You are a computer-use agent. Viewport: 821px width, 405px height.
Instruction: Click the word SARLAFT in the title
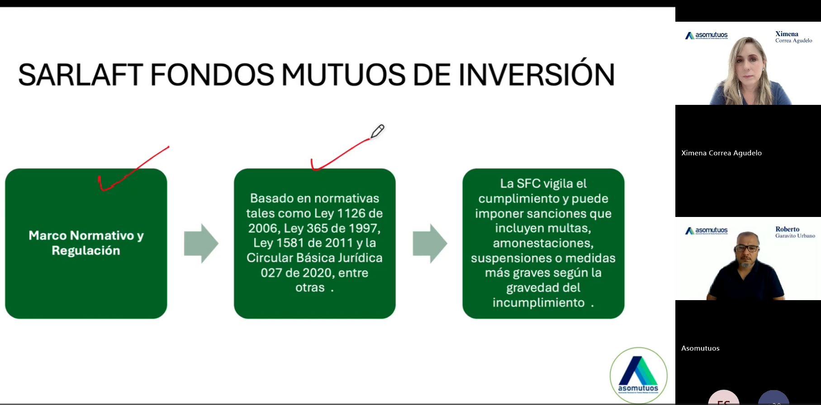pyautogui.click(x=81, y=75)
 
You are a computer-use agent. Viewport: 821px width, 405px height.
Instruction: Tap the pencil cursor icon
pyautogui.click(x=377, y=132)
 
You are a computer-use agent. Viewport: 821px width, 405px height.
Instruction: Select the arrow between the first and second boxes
pyautogui.click(x=201, y=243)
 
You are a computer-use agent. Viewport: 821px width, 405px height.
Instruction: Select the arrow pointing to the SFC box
pyautogui.click(x=430, y=243)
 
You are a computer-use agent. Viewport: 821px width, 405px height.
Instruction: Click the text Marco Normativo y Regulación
pyautogui.click(x=86, y=243)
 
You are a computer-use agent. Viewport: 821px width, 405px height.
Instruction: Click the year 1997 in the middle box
pyautogui.click(x=361, y=228)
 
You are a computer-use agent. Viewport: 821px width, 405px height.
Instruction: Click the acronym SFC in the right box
pyautogui.click(x=528, y=184)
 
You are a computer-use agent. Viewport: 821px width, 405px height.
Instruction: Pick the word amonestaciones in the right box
pyautogui.click(x=543, y=243)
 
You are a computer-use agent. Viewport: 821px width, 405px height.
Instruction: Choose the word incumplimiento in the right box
pyautogui.click(x=538, y=303)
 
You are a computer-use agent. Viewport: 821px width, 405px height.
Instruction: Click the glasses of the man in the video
pyautogui.click(x=747, y=248)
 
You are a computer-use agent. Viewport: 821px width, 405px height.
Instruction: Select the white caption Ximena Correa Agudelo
pyautogui.click(x=721, y=153)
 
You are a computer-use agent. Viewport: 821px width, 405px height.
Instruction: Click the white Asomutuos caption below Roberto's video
pyautogui.click(x=700, y=348)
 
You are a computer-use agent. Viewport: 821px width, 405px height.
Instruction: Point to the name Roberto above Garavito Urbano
pyautogui.click(x=788, y=229)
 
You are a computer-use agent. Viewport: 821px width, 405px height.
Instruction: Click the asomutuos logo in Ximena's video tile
pyautogui.click(x=706, y=35)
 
